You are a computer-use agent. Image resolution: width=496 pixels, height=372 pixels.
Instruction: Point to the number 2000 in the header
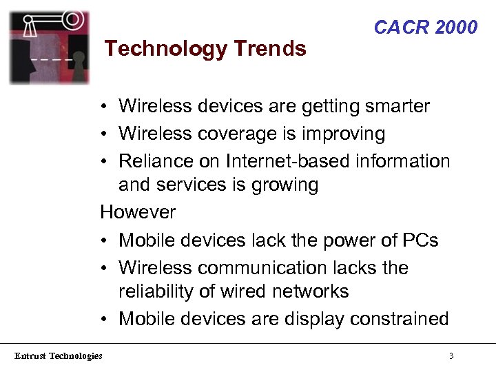click(456, 28)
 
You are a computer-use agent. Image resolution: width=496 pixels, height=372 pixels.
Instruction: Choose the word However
click(138, 212)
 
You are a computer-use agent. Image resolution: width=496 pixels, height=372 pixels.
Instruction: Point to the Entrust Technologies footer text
click(59, 355)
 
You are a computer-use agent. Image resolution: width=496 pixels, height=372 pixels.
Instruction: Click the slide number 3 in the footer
click(451, 356)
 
